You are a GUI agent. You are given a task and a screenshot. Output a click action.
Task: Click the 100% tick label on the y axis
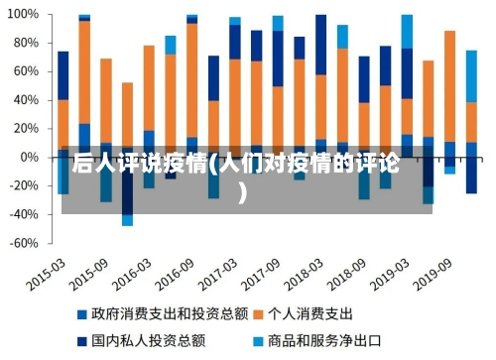tap(23, 16)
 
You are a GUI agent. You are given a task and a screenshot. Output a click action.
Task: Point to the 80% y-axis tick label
tap(25, 44)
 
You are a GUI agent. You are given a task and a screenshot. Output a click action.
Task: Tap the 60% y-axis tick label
tap(25, 72)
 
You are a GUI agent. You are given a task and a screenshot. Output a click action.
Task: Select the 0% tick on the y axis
tap(29, 158)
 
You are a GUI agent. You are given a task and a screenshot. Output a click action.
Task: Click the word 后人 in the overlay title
tap(90, 162)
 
